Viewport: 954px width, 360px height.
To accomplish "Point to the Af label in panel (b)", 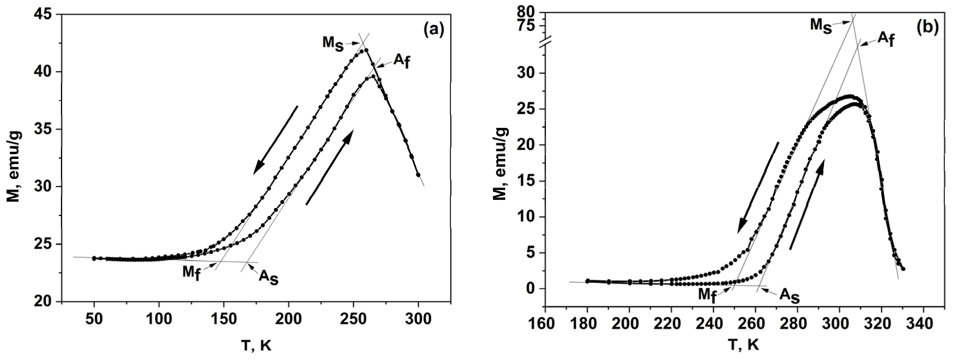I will [886, 50].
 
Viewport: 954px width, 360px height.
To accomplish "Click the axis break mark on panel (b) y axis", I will [545, 42].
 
